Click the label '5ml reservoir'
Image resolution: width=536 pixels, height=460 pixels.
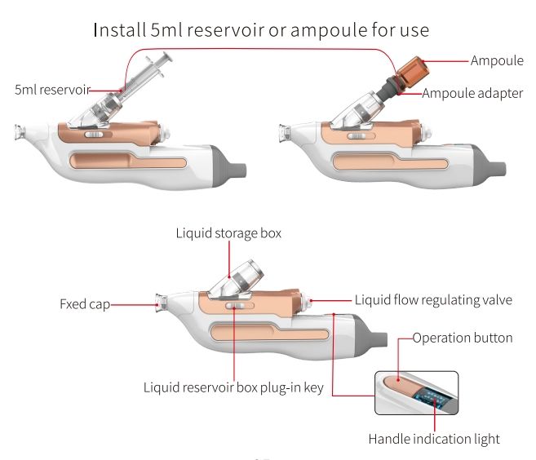pyautogui.click(x=51, y=90)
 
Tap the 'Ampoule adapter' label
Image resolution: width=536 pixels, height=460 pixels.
pyautogui.click(x=472, y=93)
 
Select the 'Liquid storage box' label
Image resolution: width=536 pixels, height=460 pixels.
pyautogui.click(x=228, y=233)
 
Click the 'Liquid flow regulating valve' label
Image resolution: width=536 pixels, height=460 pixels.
pyautogui.click(x=433, y=299)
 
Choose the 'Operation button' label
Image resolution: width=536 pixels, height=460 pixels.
pyautogui.click(x=462, y=338)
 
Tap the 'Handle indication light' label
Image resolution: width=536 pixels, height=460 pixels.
pyautogui.click(x=434, y=439)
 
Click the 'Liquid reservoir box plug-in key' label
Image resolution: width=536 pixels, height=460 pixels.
pyautogui.click(x=233, y=387)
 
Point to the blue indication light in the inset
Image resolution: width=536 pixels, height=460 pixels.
pyautogui.click(x=427, y=397)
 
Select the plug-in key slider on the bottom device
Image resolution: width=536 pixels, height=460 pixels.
pyautogui.click(x=235, y=307)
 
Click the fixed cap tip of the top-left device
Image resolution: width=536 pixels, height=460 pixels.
pyautogui.click(x=21, y=131)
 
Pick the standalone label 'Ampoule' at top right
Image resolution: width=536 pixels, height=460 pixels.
pyautogui.click(x=496, y=61)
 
